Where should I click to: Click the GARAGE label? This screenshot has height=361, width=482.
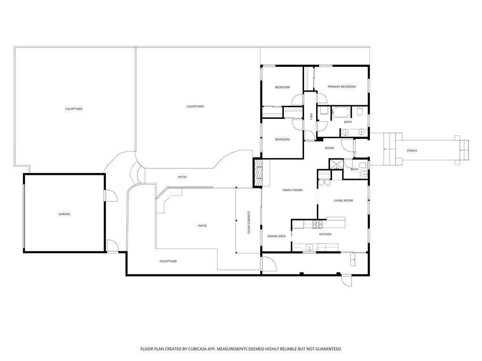(64, 214)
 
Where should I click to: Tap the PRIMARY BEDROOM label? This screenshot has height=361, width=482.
(342, 86)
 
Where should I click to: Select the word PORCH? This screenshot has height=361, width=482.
(411, 150)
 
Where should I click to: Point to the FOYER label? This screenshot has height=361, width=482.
(329, 148)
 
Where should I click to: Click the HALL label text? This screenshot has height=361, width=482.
(311, 117)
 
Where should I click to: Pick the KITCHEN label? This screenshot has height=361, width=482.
(325, 234)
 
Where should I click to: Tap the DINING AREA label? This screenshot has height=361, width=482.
(276, 236)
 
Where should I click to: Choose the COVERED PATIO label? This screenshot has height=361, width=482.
(249, 222)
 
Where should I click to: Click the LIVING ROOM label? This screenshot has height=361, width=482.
(343, 200)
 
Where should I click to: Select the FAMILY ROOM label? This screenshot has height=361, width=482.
(292, 190)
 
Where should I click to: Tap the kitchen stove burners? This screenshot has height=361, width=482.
(317, 224)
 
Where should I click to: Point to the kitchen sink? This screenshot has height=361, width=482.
(309, 247)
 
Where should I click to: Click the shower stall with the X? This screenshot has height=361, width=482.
(336, 164)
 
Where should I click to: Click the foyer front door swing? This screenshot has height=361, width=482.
(347, 145)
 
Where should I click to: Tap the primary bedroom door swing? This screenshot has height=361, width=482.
(322, 97)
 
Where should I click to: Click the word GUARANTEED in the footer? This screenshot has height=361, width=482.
(329, 349)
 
